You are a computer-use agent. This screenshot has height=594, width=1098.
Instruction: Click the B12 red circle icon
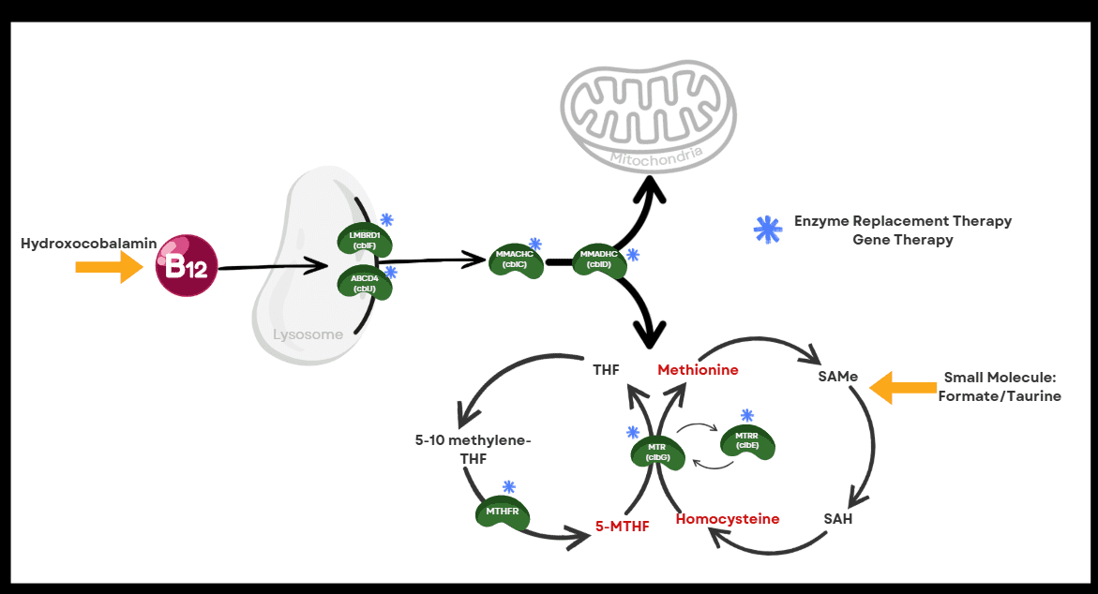tap(187, 266)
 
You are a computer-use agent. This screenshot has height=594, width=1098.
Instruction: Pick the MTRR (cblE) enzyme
tap(747, 442)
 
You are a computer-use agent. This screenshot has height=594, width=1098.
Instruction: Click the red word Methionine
tap(698, 370)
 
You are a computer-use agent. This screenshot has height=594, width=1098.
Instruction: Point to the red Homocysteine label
tap(728, 518)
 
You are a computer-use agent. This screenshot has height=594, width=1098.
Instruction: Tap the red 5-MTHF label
tap(622, 526)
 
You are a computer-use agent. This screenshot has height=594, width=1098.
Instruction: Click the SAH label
tap(838, 518)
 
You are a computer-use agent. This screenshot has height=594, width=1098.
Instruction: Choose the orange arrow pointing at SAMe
tap(903, 387)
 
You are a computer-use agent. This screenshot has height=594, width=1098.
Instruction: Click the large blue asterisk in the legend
tap(768, 229)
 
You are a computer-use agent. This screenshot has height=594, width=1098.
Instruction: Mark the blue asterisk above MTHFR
tap(509, 486)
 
